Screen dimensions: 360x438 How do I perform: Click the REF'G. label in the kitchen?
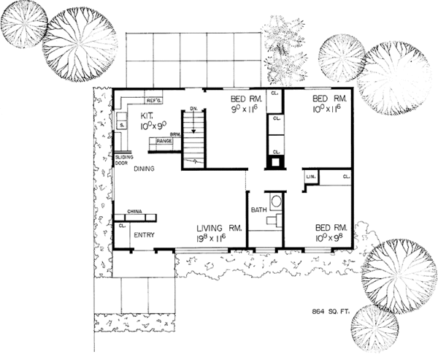click(154, 100)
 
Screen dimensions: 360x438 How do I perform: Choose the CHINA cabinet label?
click(134, 212)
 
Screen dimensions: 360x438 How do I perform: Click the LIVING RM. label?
click(217, 227)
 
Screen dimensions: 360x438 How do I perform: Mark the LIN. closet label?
click(310, 177)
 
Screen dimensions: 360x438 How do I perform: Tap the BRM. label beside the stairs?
click(176, 135)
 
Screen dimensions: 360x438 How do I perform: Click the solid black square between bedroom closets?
click(274, 163)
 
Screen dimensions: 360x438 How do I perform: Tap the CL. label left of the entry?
click(120, 226)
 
